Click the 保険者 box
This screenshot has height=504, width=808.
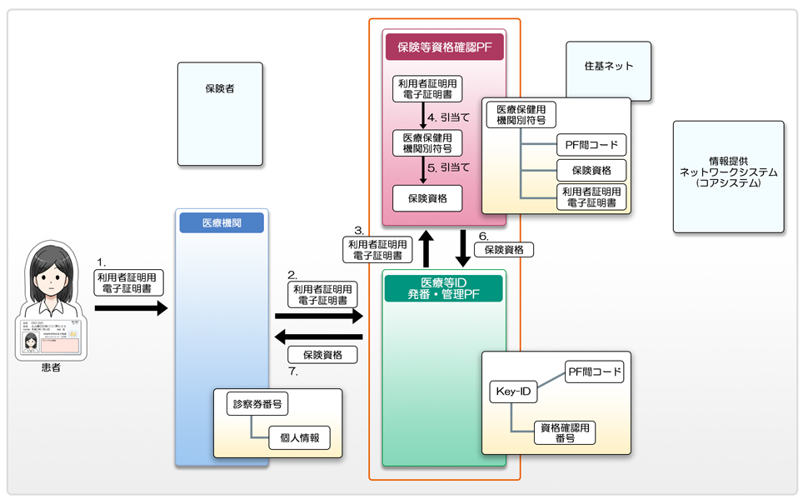tap(220, 113)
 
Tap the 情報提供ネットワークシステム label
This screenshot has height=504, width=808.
tap(729, 172)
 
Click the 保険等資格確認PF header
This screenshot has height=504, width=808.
tap(444, 47)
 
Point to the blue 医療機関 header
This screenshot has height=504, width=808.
tap(221, 223)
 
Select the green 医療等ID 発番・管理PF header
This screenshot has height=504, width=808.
tap(443, 288)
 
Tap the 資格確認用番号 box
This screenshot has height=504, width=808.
tap(566, 432)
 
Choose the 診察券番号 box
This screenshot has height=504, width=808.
tap(257, 406)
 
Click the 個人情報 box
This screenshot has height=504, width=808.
tap(299, 437)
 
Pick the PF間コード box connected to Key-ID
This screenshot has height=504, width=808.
tap(594, 372)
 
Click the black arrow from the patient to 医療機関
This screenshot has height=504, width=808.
tap(131, 308)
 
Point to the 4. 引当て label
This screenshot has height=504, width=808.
tap(448, 117)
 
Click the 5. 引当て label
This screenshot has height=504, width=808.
tap(448, 167)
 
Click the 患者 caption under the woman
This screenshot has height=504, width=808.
tap(51, 367)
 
